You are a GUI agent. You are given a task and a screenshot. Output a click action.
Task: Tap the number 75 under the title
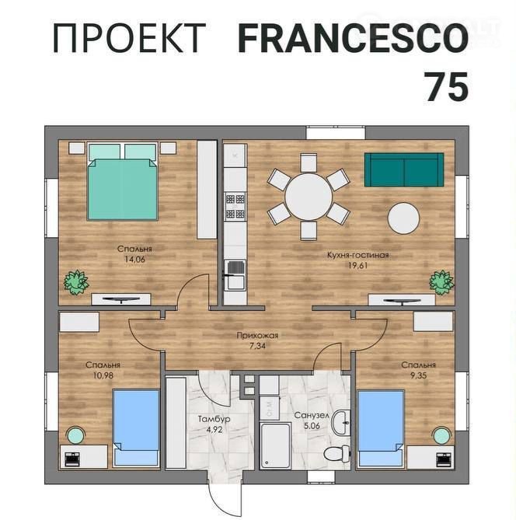pos(447,87)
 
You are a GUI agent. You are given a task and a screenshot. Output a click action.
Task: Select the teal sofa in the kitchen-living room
pos(404,169)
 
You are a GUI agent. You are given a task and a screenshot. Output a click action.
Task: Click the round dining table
pos(309,196)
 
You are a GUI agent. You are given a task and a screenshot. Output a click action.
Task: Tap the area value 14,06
pos(134,260)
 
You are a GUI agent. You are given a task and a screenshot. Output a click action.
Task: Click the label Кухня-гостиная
pos(357,255)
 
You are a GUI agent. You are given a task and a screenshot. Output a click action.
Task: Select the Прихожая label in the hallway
pos(257,335)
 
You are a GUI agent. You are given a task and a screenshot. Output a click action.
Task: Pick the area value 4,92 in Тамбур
pos(214,430)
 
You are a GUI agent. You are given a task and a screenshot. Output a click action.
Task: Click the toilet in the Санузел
pos(336,453)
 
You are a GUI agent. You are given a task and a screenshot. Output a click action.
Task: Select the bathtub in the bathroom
pos(275,445)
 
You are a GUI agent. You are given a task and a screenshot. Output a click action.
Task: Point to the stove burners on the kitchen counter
pos(235,206)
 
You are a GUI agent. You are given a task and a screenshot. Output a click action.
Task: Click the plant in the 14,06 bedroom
pos(77,282)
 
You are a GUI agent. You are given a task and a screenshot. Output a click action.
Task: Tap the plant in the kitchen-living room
pos(441,283)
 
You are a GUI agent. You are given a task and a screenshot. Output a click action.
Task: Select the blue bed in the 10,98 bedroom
pos(136,428)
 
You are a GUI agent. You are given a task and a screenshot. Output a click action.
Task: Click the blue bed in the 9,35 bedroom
pos(381,428)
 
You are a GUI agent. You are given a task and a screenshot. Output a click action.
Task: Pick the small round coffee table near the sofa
pos(403,218)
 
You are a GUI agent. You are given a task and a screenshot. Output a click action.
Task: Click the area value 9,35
pos(418,375)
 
